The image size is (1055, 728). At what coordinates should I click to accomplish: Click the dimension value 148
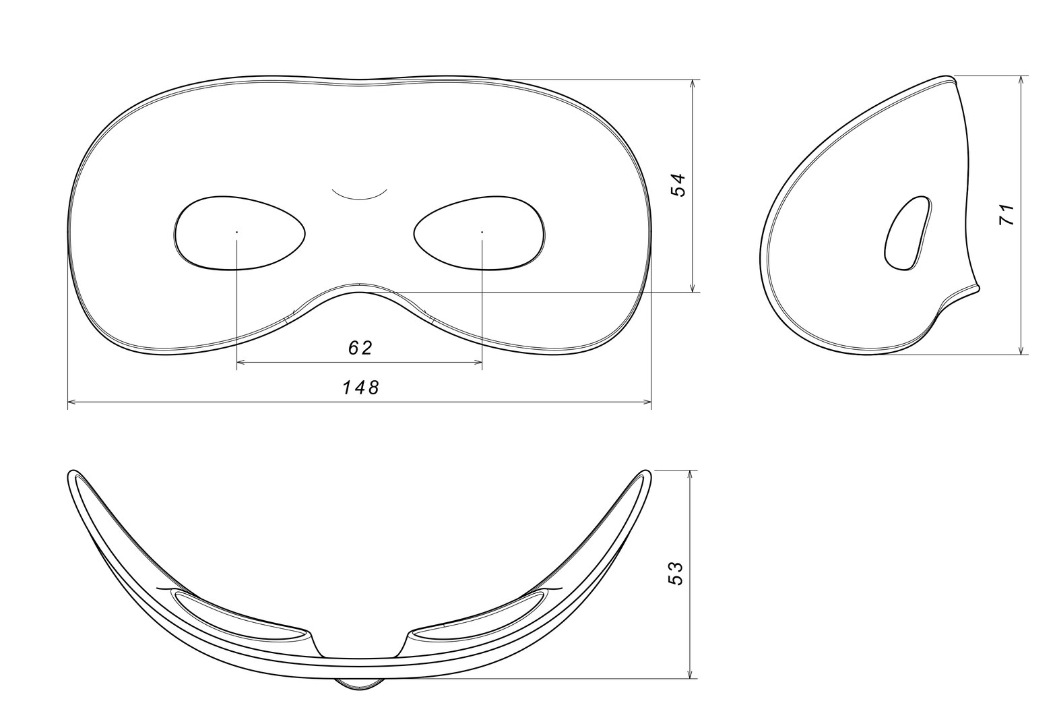coord(360,387)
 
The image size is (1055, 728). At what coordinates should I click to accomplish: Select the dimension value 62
coord(360,348)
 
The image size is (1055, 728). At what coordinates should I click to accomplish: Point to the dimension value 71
coord(1006,215)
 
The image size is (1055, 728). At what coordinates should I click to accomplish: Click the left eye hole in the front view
coord(239,233)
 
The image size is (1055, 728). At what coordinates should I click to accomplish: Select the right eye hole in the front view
coord(480,233)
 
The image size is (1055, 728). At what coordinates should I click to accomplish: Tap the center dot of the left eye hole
coord(237,232)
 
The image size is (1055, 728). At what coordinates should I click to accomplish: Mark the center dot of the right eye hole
coord(482,232)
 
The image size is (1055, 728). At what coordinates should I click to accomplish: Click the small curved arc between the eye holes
coord(360,196)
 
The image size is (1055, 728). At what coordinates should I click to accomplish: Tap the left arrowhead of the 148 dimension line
coord(70,402)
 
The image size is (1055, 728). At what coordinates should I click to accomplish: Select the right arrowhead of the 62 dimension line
coord(480,363)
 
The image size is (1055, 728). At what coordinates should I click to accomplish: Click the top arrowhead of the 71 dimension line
coord(1023,79)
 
